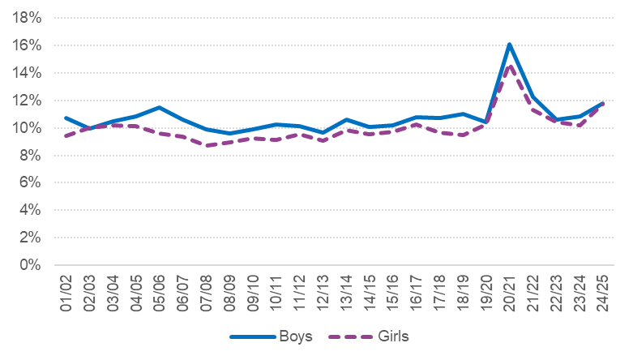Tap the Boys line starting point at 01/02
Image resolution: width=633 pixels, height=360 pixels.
[66, 118]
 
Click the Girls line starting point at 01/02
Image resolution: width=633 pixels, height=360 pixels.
[66, 135]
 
